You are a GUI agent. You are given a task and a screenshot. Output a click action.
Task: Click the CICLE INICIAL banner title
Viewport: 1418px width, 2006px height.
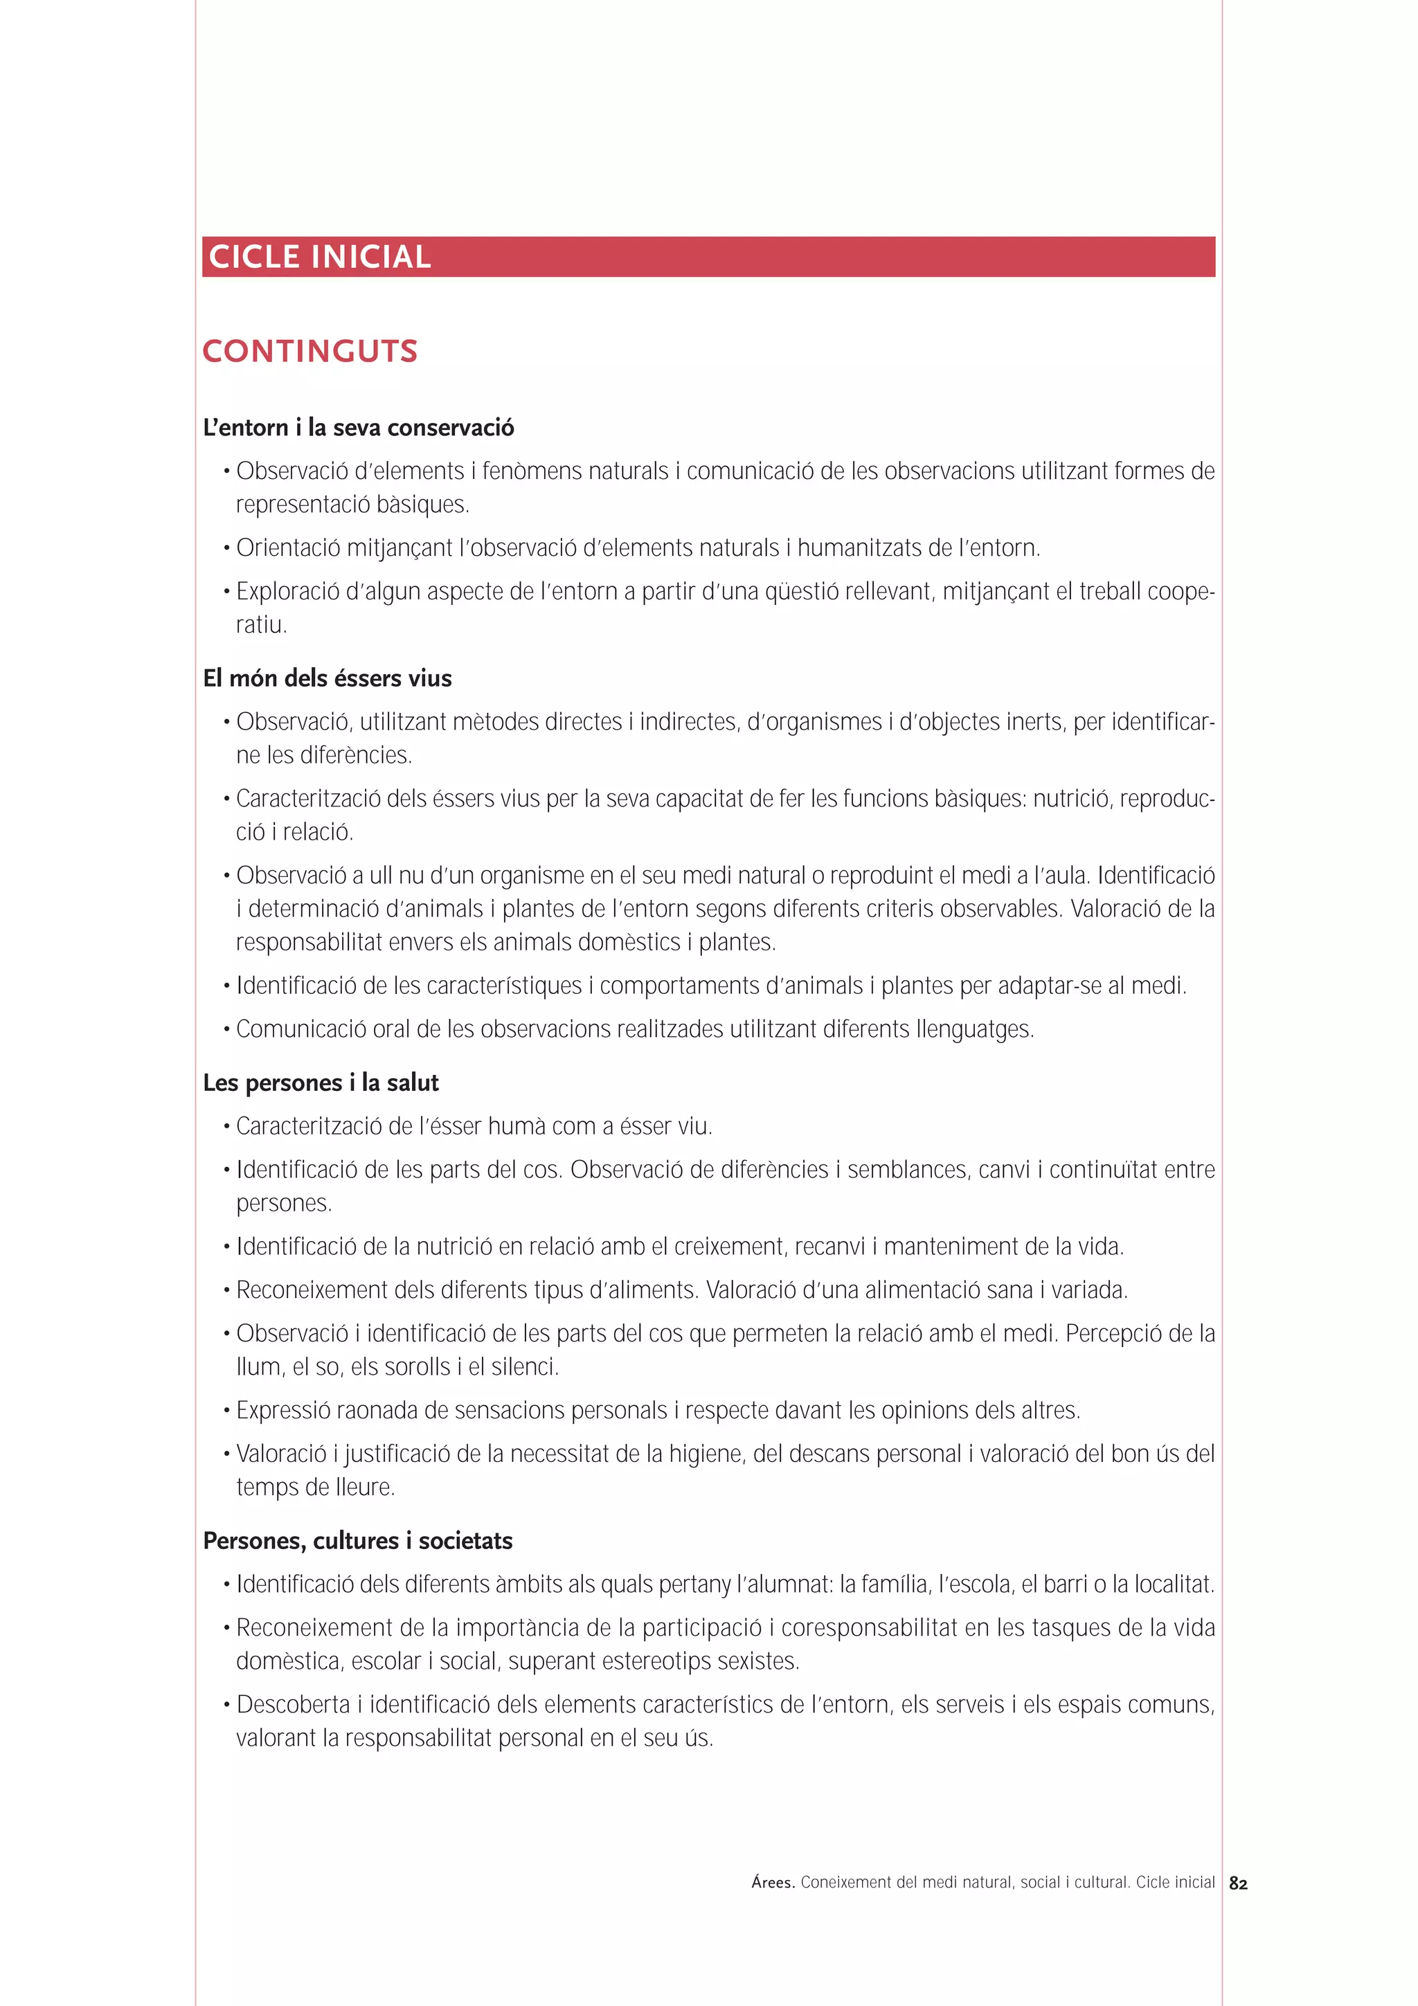[x=320, y=257]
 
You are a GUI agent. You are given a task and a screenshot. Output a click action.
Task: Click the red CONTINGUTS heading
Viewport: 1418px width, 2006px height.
[x=310, y=351]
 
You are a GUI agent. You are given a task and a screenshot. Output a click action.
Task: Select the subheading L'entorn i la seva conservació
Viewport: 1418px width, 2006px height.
[x=358, y=427]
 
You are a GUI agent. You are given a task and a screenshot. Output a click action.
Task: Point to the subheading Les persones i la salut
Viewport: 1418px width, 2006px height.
[x=321, y=1083]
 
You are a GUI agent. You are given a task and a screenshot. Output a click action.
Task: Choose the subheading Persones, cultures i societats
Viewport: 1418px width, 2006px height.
[x=357, y=1540]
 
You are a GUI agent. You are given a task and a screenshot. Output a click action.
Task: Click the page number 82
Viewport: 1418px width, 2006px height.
[x=1238, y=1883]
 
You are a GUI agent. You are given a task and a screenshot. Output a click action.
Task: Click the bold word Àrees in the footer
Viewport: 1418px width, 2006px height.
[x=772, y=1883]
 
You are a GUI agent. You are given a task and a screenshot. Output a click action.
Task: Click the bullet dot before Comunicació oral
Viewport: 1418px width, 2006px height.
[x=227, y=1031]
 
